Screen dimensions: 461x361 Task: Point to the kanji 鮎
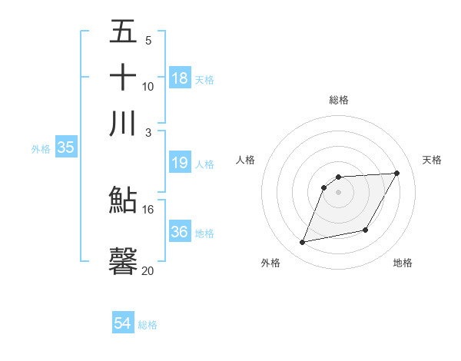123,200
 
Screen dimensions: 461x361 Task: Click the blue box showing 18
180,78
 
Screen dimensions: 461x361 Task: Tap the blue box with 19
180,162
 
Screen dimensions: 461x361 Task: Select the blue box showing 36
180,232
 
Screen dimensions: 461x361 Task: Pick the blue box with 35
65,148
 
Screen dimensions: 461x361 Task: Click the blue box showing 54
123,323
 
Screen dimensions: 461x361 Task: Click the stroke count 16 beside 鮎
148,209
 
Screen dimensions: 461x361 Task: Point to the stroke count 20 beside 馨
148,270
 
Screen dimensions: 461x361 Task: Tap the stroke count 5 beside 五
148,40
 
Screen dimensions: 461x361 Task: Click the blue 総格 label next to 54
148,325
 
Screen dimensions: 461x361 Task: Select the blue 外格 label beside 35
40,149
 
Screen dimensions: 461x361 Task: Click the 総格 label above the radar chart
339,100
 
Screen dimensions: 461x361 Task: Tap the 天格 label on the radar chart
432,160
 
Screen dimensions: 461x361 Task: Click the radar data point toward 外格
303,243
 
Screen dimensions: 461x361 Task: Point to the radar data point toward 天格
397,173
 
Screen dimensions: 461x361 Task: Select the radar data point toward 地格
366,230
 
